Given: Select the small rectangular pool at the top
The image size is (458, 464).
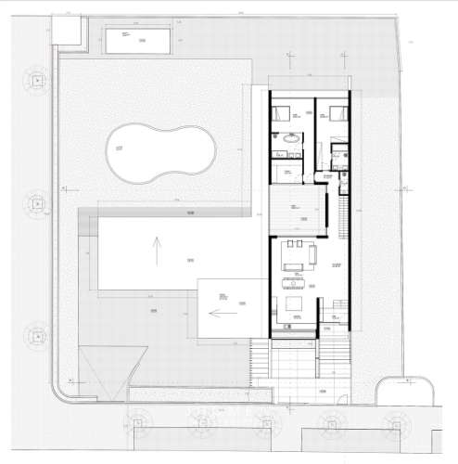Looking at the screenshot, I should pyautogui.click(x=138, y=41).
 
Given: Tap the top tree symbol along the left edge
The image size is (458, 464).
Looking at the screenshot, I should pyautogui.click(x=37, y=82).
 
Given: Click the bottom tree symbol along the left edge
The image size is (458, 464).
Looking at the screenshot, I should pyautogui.click(x=37, y=332).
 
